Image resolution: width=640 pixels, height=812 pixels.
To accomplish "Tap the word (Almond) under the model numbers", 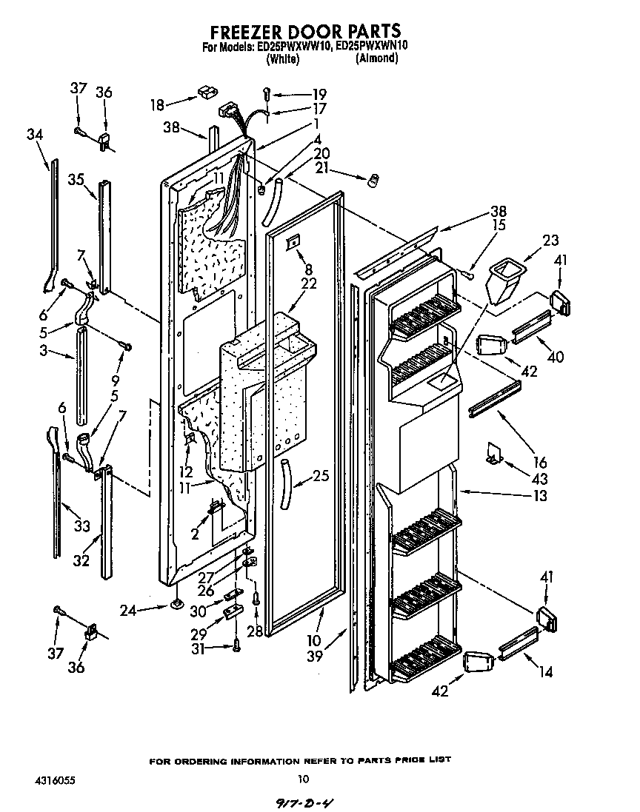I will click(x=376, y=58).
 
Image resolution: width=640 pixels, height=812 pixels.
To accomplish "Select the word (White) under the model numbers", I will click(x=282, y=59).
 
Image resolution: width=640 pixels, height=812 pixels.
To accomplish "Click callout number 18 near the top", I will click(x=157, y=105).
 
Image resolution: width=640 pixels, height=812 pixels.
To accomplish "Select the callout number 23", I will click(x=550, y=241).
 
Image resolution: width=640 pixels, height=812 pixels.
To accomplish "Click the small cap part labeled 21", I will click(x=373, y=180).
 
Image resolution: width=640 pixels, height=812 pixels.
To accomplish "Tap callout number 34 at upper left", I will click(x=34, y=134).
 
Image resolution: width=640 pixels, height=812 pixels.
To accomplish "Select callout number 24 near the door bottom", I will click(x=129, y=611).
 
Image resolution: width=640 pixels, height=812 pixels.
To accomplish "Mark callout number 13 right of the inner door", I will click(x=541, y=495).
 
